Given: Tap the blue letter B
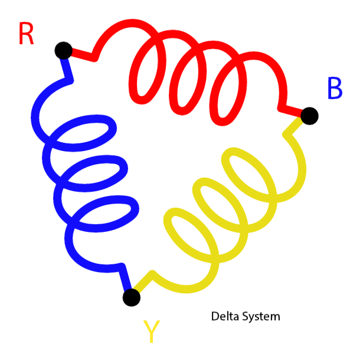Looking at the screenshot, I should pyautogui.click(x=334, y=89).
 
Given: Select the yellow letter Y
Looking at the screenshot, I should pyautogui.click(x=152, y=332).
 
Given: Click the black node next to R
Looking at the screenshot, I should pyautogui.click(x=63, y=50).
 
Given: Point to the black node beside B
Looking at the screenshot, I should pyautogui.click(x=309, y=116).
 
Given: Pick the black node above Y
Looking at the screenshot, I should pyautogui.click(x=132, y=297).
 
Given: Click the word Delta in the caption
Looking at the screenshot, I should pyautogui.click(x=225, y=316).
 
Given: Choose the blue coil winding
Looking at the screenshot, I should pyautogui.click(x=83, y=177).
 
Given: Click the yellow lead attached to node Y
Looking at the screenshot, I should pyautogui.click(x=145, y=282).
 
